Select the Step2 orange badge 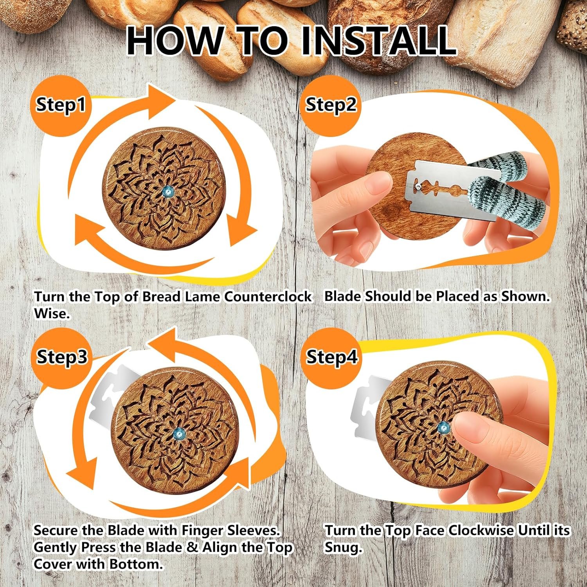point(331,104)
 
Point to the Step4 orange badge point(331,357)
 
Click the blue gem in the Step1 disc point(168,192)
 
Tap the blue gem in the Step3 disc point(179,432)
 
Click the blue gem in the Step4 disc point(444,427)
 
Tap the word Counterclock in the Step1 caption point(268,297)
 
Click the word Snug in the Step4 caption point(343,548)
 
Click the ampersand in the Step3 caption point(192,547)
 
